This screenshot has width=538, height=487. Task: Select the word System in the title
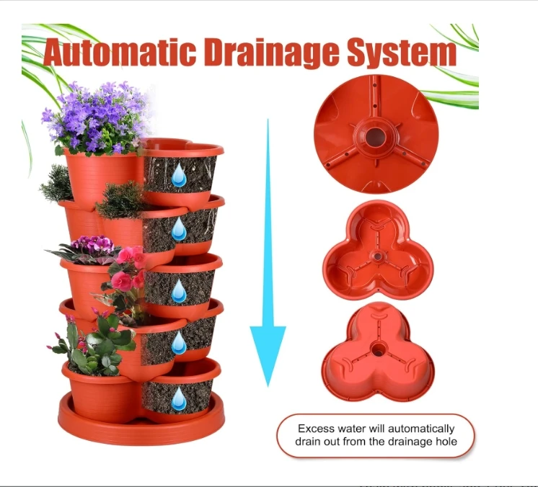pyautogui.click(x=402, y=53)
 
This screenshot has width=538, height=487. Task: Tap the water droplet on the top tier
pyautogui.click(x=179, y=175)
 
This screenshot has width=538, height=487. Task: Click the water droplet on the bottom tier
pyautogui.click(x=179, y=398)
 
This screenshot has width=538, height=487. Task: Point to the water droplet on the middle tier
pyautogui.click(x=179, y=291)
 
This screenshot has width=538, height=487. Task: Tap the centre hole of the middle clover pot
pyautogui.click(x=378, y=256)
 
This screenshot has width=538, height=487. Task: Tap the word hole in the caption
pyautogui.click(x=446, y=441)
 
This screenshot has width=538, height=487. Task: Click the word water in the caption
pyautogui.click(x=351, y=429)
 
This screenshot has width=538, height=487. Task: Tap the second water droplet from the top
pyautogui.click(x=179, y=229)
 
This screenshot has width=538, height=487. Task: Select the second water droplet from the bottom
pyautogui.click(x=179, y=343)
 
